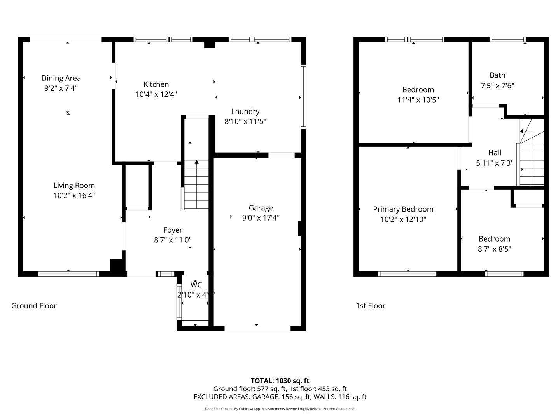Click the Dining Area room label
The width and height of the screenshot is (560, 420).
tap(61, 78)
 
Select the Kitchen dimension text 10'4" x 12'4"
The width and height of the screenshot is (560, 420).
tap(156, 94)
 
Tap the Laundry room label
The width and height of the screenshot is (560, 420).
tap(245, 112)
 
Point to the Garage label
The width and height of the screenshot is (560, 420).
tap(261, 208)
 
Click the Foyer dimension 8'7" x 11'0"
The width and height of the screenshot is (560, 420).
tap(173, 240)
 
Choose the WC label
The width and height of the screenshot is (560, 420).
tap(196, 285)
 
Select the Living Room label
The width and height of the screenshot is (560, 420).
tap(74, 185)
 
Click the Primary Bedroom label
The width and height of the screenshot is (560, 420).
tap(403, 209)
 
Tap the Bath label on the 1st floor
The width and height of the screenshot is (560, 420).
tap(497, 75)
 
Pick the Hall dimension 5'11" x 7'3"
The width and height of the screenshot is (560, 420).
tap(495, 163)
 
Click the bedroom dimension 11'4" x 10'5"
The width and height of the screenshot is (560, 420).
tap(418, 100)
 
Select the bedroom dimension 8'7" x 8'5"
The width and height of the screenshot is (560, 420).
tap(494, 249)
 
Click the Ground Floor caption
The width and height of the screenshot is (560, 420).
tap(34, 306)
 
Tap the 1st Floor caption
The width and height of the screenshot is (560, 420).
tap(371, 306)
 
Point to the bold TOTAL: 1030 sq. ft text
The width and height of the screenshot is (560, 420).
tap(280, 381)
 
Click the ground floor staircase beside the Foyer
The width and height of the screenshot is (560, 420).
tap(196, 185)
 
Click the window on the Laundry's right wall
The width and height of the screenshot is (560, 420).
tap(303, 96)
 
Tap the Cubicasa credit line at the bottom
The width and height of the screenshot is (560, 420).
tap(280, 409)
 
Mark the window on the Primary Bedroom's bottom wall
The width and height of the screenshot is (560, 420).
tap(407, 274)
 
